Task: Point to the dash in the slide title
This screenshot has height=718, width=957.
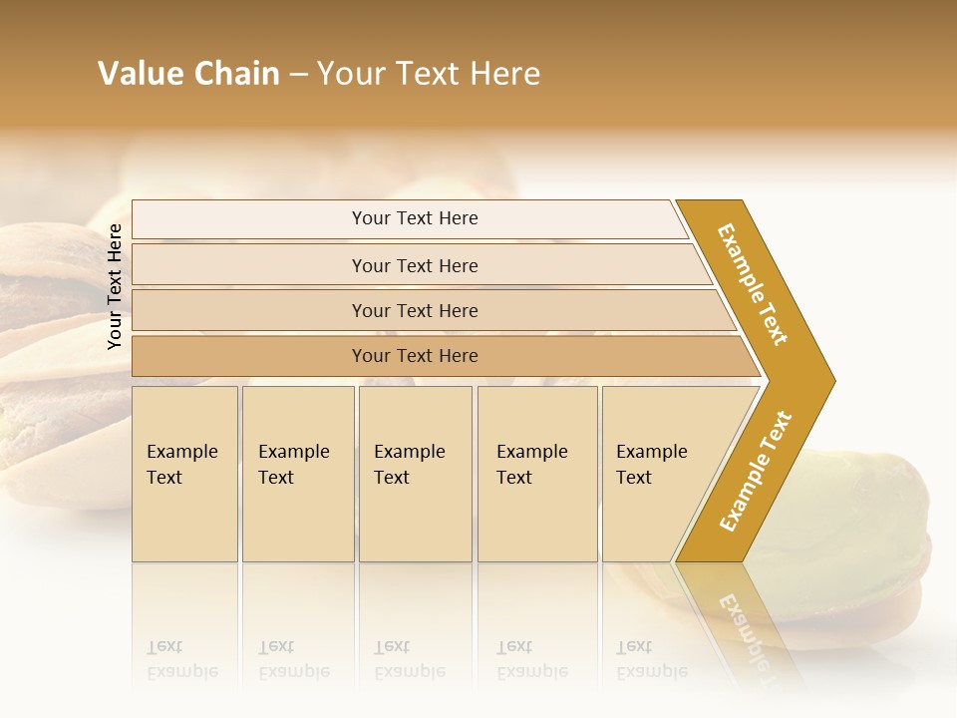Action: click(298, 75)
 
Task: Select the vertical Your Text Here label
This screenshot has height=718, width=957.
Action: click(115, 286)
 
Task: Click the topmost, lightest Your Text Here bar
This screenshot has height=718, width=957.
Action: click(414, 218)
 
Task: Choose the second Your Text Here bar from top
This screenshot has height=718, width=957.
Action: click(414, 265)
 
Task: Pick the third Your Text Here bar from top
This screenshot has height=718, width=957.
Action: click(414, 310)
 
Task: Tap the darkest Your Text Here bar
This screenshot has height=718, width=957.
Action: click(414, 356)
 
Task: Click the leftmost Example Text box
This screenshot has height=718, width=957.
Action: click(184, 474)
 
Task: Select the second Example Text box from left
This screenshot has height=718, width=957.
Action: click(297, 474)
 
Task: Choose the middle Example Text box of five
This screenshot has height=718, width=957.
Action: click(415, 474)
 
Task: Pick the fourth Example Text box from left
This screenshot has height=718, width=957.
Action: click(536, 474)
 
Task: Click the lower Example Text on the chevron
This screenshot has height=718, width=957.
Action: click(755, 472)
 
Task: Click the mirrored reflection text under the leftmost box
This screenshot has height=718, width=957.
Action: click(182, 660)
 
